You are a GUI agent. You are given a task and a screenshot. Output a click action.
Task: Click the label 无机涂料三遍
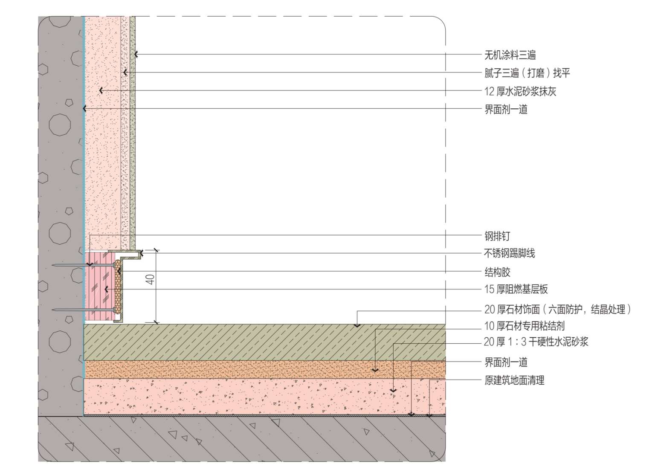[x=510, y=55]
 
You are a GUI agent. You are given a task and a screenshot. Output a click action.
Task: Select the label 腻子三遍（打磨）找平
[x=527, y=73]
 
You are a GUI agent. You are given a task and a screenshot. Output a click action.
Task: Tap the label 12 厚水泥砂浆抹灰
[x=520, y=91]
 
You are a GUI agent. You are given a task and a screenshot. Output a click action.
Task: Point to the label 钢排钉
[x=497, y=236]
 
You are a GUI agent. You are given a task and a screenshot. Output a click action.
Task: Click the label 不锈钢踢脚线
[x=509, y=253]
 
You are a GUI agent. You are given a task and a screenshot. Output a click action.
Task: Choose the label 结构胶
[x=497, y=272]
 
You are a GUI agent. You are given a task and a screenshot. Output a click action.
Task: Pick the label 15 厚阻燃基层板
[x=516, y=290]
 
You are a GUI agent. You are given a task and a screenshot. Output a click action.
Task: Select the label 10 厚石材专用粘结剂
[x=524, y=326]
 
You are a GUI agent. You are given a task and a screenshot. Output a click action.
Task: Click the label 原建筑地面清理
[x=514, y=380]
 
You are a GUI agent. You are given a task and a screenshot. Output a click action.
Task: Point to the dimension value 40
[x=150, y=280]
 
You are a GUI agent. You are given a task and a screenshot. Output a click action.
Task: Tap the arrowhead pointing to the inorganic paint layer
[x=136, y=55]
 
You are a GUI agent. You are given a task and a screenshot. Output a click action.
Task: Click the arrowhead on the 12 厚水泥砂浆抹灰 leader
[x=101, y=90]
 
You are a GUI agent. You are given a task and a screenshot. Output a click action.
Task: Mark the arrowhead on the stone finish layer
[x=357, y=325]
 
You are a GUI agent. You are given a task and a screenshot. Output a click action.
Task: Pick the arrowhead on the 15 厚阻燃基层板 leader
[x=106, y=290]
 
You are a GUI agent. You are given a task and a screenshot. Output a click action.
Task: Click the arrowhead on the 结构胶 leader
[x=119, y=271]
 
